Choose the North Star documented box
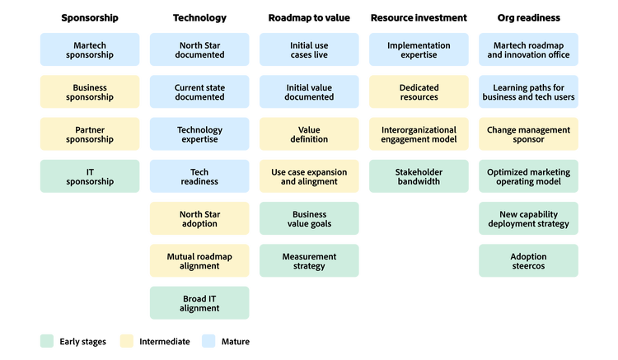[199, 50]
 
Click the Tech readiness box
[199, 176]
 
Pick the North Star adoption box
[199, 218]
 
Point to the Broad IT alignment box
[199, 302]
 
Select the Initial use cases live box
[309, 50]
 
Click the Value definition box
[309, 134]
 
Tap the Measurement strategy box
[309, 260]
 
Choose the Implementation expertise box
[419, 50]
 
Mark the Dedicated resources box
[419, 92]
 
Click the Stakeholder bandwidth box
[419, 176]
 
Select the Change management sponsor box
[528, 134]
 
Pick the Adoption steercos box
[528, 260]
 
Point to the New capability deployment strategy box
[528, 218]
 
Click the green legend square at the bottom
[47, 341]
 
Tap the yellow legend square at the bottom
[126, 341]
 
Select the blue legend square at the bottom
[208, 341]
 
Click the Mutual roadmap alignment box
[199, 260]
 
